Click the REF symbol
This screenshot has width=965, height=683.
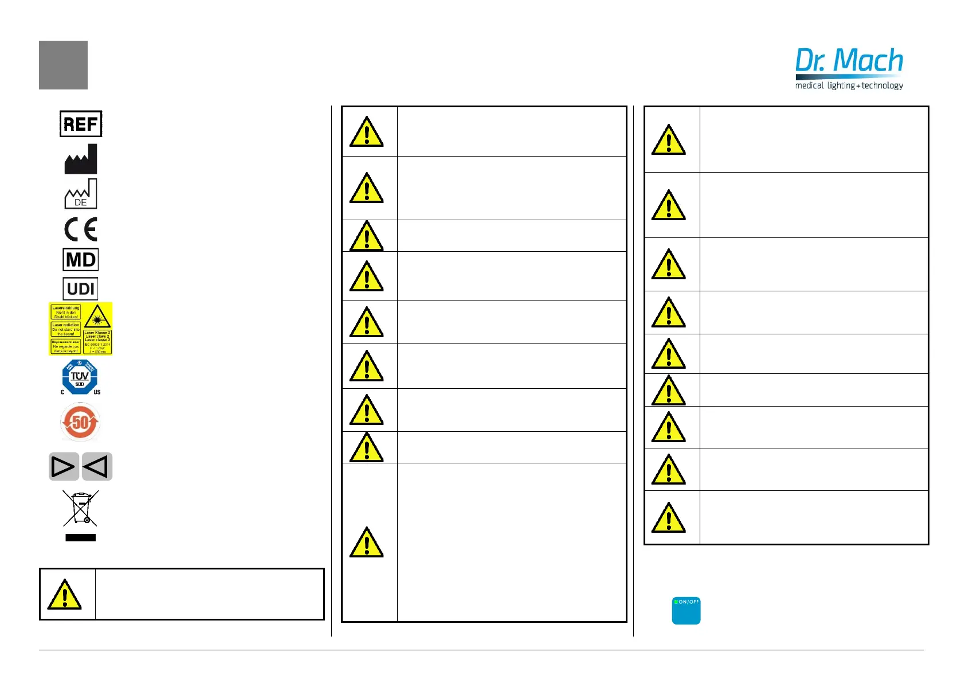pos(81,124)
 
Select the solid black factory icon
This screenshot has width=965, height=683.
pos(81,159)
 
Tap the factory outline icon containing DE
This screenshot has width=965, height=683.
pos(81,194)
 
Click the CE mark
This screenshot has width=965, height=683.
pos(81,229)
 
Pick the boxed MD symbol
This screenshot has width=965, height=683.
pos(81,260)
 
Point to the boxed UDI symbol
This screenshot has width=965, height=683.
pos(81,289)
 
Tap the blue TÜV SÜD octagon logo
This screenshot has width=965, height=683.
pos(80,377)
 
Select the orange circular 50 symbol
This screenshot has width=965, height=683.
pos(80,423)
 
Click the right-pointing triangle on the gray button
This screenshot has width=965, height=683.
pos(64,467)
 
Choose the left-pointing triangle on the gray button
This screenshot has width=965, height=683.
pos(96,467)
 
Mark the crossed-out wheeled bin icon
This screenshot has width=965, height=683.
pos(81,508)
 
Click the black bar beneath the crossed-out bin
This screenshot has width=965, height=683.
pos(81,538)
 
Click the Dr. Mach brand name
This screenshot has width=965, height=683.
pos(849,61)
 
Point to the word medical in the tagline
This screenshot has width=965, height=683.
pos(809,85)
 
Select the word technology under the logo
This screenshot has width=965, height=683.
pos(882,85)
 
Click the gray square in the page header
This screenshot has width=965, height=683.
pos(63,65)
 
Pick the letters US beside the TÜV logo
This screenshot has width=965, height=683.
pos(97,392)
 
